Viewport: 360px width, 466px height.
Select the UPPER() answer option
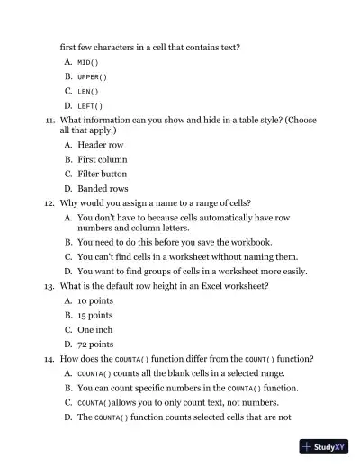[x=92, y=76]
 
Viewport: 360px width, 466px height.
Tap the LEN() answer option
[x=87, y=91]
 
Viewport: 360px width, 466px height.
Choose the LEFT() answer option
[x=90, y=106]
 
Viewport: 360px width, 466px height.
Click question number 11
[x=49, y=120]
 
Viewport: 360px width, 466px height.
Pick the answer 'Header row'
[x=101, y=145]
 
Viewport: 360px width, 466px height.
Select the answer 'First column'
[x=103, y=159]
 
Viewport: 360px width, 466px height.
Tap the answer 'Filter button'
[x=103, y=174]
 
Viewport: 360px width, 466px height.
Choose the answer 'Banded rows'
[x=103, y=189]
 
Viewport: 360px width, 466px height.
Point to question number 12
[x=49, y=203]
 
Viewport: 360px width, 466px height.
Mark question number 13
[x=49, y=286]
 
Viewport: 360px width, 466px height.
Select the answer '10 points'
[x=95, y=300]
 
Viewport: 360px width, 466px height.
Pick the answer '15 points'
[x=95, y=316]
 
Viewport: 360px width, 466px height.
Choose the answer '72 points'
[x=95, y=345]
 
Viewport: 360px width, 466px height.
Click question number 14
[x=49, y=359]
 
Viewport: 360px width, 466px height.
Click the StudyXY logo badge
[x=325, y=446]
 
